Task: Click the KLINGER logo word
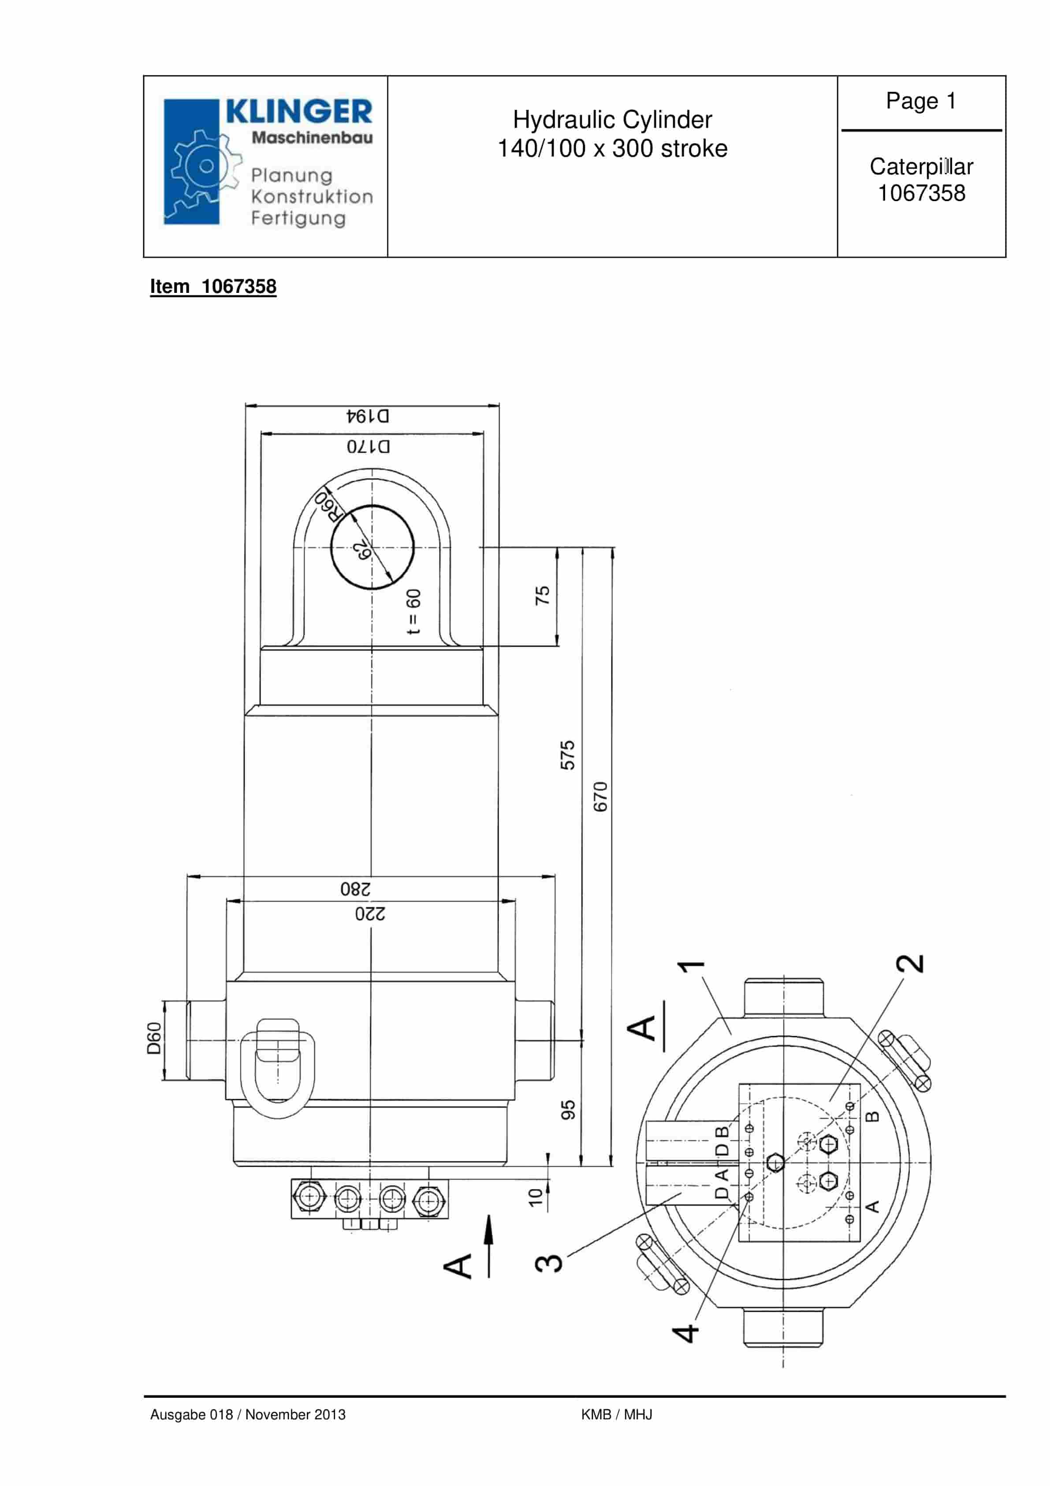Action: click(299, 111)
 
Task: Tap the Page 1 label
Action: click(920, 101)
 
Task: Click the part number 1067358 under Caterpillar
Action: click(920, 194)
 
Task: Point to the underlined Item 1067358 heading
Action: click(213, 287)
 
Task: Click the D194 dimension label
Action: click(368, 415)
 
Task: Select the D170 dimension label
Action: click(368, 446)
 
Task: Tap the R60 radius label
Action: click(328, 505)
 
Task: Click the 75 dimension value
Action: click(542, 595)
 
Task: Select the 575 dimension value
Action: click(567, 755)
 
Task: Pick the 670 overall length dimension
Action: click(600, 797)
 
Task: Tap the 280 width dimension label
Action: click(355, 889)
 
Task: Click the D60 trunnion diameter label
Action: click(153, 1039)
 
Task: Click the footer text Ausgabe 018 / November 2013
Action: click(248, 1414)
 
